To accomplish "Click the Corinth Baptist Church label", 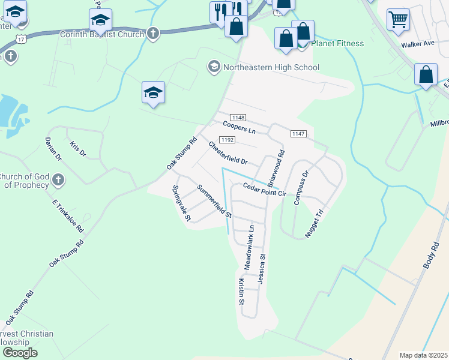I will coord(102,34).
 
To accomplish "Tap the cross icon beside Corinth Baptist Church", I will coord(153,34).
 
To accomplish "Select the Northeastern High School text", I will coord(271,67).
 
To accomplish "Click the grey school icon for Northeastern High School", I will coord(214,66).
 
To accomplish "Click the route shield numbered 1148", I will coord(238,118).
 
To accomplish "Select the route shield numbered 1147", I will coord(298,133).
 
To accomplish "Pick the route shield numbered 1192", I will coord(226,140).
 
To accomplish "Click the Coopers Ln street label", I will coord(239,127).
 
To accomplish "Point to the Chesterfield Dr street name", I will coord(228,153).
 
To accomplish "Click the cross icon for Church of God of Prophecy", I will coord(58,179).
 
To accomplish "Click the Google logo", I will coord(19,353).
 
